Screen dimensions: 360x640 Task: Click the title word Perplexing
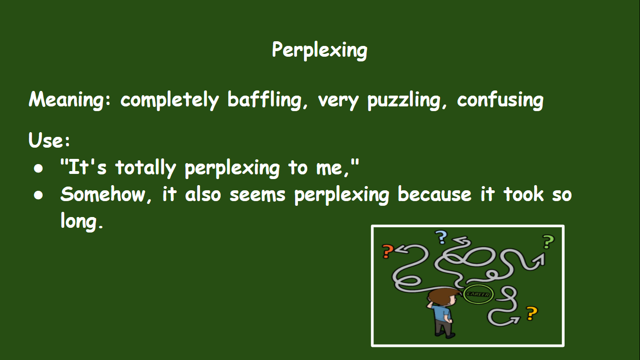point(320,50)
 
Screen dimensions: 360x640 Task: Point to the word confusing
point(500,100)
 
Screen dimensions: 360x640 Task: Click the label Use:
point(49,140)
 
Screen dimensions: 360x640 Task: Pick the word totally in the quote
point(145,168)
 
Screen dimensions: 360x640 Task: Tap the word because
point(434,194)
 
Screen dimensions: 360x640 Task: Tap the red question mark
point(387,252)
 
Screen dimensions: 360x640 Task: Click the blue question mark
point(441,238)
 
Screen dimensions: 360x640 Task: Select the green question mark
point(548,242)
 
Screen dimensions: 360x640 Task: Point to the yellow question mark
point(530,313)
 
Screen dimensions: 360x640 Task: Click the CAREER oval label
point(478,294)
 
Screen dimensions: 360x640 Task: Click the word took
point(522,194)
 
